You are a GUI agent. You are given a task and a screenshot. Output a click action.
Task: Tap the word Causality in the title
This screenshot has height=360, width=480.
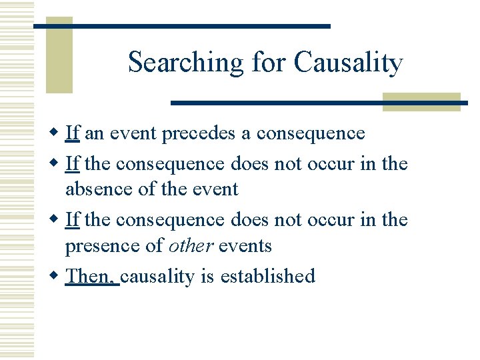[349, 63]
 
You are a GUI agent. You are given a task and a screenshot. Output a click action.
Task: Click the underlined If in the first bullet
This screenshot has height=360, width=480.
[73, 133]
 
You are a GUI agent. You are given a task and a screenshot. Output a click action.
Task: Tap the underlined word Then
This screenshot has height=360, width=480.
[91, 275]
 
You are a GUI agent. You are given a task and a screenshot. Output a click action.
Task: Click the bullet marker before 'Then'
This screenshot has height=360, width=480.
[56, 275]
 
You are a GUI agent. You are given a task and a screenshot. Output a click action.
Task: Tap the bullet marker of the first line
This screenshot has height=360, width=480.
[56, 133]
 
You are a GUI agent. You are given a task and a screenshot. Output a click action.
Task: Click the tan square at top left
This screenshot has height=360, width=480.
[59, 57]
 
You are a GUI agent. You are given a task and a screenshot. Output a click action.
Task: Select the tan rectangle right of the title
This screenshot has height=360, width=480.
[421, 101]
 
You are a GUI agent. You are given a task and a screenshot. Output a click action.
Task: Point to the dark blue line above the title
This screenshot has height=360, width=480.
[181, 26]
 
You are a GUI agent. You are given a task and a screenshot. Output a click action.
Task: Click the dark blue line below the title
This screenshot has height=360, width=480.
[319, 103]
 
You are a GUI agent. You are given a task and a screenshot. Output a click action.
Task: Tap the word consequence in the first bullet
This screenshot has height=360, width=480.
[311, 133]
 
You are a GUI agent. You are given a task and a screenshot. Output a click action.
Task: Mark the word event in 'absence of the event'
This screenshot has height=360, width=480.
[213, 189]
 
